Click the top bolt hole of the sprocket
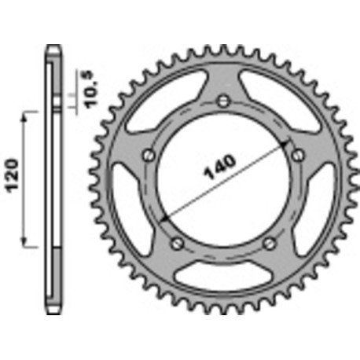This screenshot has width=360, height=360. click(x=224, y=101)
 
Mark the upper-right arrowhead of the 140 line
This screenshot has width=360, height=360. click(x=285, y=143)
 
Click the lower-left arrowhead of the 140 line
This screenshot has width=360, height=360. click(x=162, y=219)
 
